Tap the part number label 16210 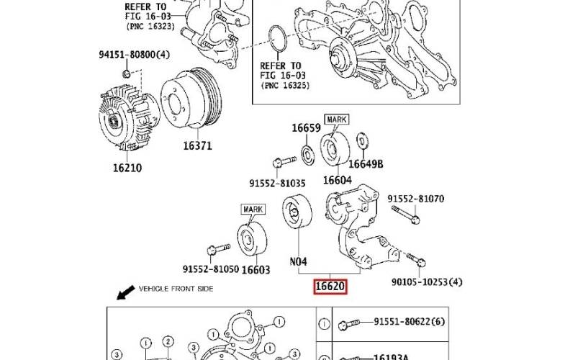(127, 168)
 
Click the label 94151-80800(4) (134, 55)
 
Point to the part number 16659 (305, 128)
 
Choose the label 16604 (337, 180)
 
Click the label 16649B (369, 164)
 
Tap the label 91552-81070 (416, 199)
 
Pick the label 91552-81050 (209, 269)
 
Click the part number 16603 (256, 270)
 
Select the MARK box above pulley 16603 (253, 210)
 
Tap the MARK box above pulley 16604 (337, 120)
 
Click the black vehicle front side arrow (127, 292)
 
